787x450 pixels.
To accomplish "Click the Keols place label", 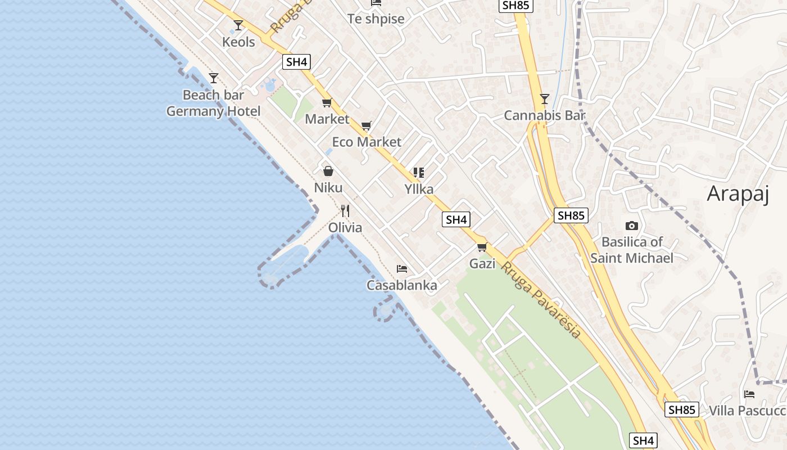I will [x=238, y=42].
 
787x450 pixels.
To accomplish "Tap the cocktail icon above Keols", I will [x=238, y=25].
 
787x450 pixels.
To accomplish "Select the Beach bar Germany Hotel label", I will [x=214, y=103].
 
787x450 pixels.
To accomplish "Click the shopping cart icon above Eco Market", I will [x=367, y=126].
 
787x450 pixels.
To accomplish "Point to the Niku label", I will [x=328, y=188].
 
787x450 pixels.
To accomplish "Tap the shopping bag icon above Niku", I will [x=328, y=171].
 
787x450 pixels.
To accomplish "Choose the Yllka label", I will [x=419, y=190].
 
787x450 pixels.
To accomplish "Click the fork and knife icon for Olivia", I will [x=345, y=211].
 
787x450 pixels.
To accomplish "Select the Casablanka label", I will [x=401, y=286].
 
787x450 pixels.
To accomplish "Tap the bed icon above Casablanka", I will [x=401, y=269].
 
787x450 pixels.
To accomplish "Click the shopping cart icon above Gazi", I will [x=482, y=247].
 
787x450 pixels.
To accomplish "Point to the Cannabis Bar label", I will [x=544, y=116].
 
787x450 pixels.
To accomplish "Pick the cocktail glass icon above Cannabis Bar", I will [x=544, y=100].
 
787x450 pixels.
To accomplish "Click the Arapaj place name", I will [x=747, y=193].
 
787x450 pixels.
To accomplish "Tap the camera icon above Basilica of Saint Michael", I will [x=632, y=226].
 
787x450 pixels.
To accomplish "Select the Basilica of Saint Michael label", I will [x=632, y=250].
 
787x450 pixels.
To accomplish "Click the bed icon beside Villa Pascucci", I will [x=749, y=394].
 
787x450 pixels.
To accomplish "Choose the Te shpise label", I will [x=376, y=19].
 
